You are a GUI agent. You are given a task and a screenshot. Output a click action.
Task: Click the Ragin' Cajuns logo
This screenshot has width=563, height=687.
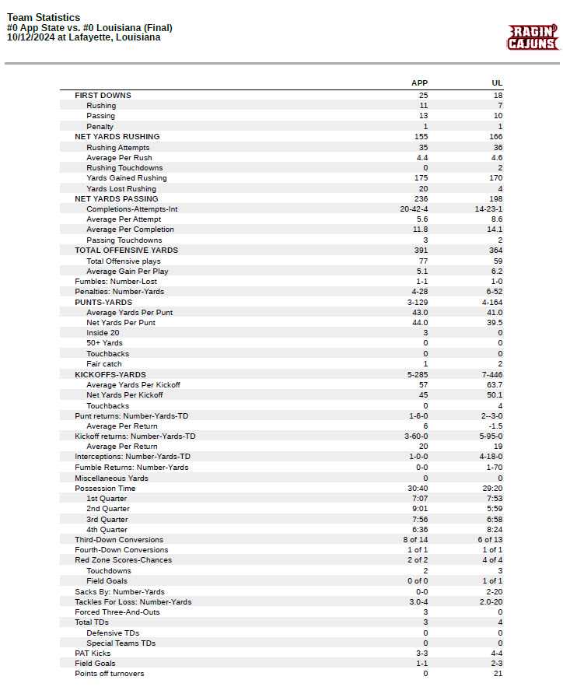(x=533, y=37)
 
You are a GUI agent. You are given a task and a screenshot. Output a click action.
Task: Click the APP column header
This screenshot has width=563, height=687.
(x=419, y=83)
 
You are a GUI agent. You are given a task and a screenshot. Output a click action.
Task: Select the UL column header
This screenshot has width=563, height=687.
(x=497, y=83)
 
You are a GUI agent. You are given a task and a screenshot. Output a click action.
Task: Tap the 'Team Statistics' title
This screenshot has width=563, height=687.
(x=43, y=17)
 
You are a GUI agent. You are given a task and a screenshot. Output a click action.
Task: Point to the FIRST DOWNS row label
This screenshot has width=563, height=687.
(x=103, y=96)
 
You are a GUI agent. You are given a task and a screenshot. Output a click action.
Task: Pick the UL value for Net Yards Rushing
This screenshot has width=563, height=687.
(x=498, y=137)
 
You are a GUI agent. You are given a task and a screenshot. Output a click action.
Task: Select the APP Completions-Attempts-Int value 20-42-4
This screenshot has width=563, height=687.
(x=414, y=209)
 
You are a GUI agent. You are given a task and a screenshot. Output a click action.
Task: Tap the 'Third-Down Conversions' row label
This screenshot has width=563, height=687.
(x=119, y=540)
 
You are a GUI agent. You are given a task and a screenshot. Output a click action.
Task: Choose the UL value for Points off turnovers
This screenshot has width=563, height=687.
(x=498, y=674)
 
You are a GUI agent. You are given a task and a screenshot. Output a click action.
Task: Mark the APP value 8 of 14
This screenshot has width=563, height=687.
(x=415, y=540)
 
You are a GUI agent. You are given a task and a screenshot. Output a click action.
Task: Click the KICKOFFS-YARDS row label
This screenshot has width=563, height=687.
(x=110, y=375)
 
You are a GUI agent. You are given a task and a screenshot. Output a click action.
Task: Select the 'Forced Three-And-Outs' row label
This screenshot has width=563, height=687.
(x=117, y=612)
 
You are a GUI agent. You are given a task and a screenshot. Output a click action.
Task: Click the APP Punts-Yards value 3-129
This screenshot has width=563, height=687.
(x=417, y=303)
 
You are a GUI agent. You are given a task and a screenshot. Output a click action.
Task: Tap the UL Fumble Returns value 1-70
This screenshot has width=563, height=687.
(x=495, y=468)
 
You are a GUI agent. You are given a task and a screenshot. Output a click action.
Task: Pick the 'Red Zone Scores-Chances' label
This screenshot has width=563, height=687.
(x=124, y=560)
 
